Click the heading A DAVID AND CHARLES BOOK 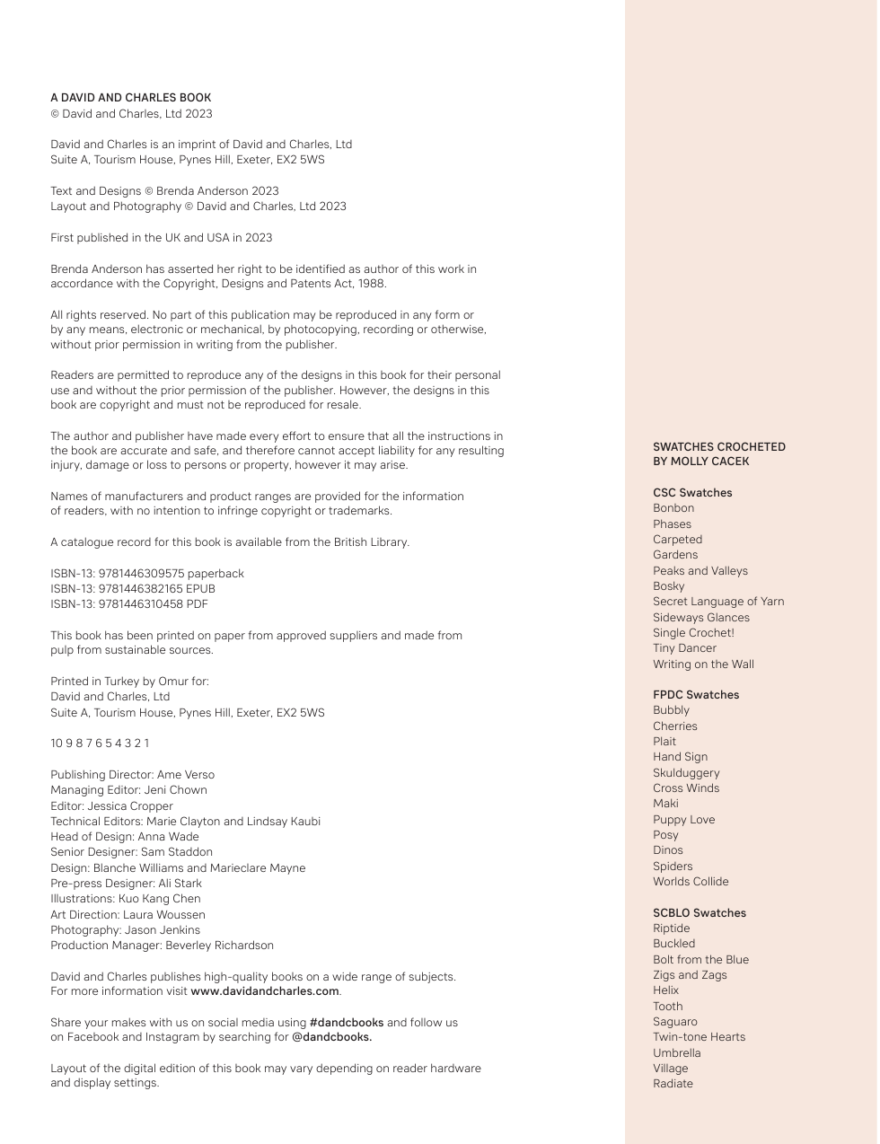pos(131,98)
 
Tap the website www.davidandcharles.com pos(265,991)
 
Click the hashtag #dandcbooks pos(346,1023)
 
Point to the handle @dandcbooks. pos(331,1037)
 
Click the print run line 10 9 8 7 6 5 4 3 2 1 pos(100,744)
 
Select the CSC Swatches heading pos(692,493)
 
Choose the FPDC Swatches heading pos(696,695)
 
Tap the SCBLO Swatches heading pos(700,913)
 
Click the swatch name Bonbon pos(673,508)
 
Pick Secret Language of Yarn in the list pos(718,602)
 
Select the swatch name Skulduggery pos(686,773)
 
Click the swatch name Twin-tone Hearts pos(699,1037)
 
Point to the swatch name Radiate pos(673,1084)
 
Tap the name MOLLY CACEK pos(709,462)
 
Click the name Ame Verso pos(186,775)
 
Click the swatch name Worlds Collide pos(691,882)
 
